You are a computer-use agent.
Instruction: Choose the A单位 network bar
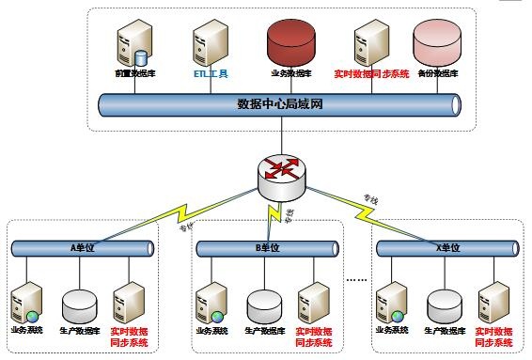tap(84, 247)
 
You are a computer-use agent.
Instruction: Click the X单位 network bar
tap(448, 247)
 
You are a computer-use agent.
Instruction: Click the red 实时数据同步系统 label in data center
tap(371, 72)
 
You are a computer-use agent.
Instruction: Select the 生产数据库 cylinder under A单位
tap(79, 303)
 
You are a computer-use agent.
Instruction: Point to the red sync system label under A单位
tap(128, 337)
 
